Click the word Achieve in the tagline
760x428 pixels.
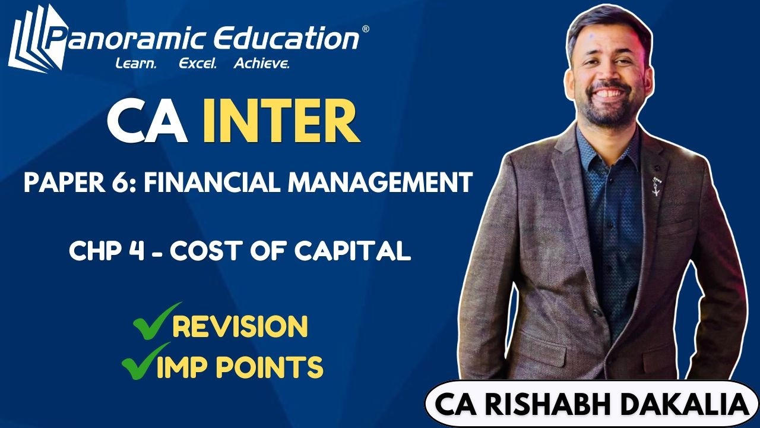pos(261,63)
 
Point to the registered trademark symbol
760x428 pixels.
pos(365,29)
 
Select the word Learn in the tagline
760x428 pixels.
pos(135,63)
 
